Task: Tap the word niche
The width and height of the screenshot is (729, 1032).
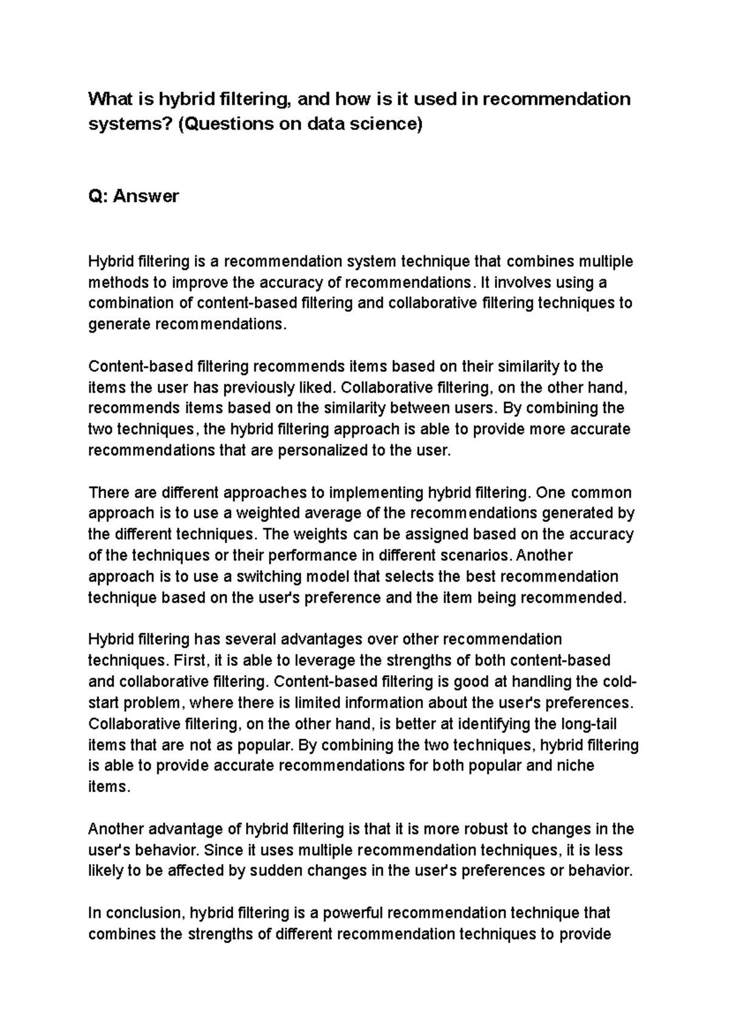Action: coord(575,765)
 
